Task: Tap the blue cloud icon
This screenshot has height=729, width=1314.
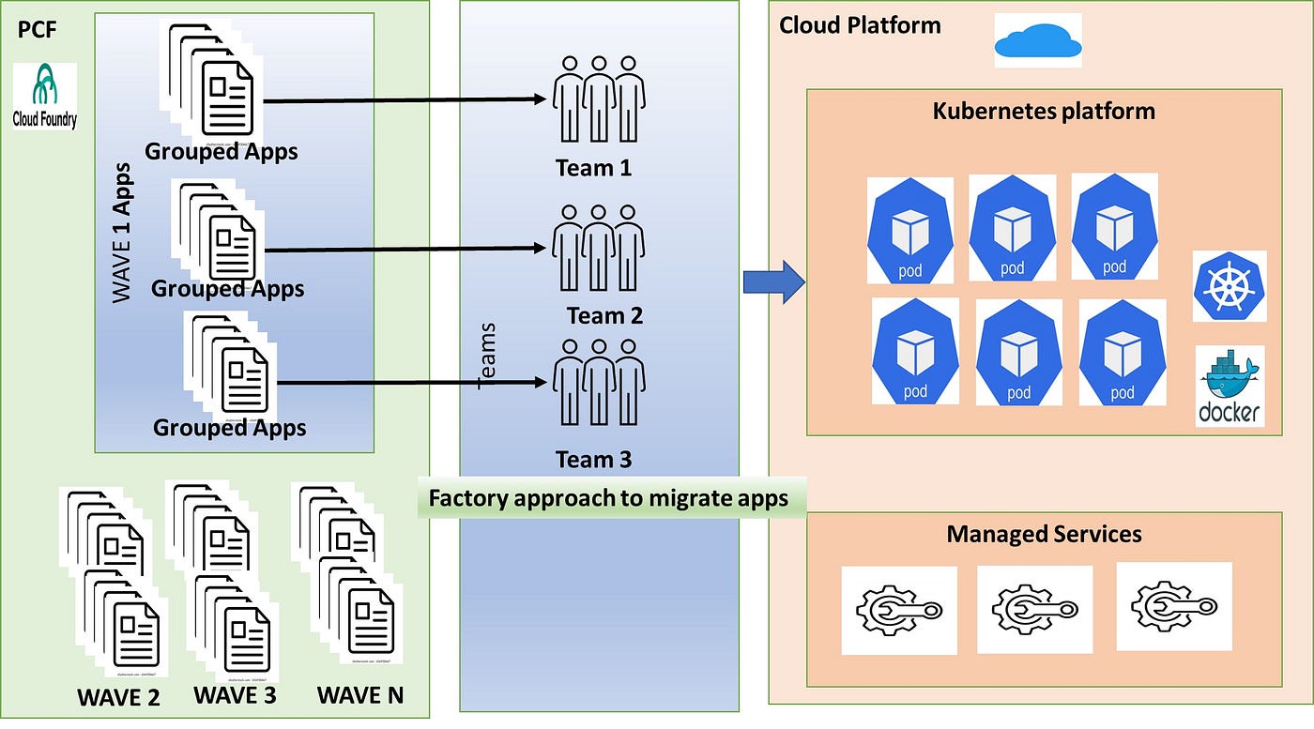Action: [x=1037, y=39]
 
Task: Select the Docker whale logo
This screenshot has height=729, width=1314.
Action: [x=1230, y=386]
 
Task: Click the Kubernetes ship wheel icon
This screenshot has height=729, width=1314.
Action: [x=1230, y=285]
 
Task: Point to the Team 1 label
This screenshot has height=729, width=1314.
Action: [x=593, y=168]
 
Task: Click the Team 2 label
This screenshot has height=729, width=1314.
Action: [x=604, y=315]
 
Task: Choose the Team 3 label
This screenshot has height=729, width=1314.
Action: [x=593, y=460]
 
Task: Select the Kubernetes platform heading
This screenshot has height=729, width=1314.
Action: [x=1044, y=111]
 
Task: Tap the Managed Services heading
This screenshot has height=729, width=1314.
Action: [x=1044, y=534]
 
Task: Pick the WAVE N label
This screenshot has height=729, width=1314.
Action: [x=359, y=696]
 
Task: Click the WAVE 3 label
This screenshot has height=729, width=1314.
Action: [x=235, y=695]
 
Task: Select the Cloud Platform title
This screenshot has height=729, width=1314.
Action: [x=860, y=24]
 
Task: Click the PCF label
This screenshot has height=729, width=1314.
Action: [x=38, y=31]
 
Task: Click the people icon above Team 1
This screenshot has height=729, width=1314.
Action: [x=598, y=98]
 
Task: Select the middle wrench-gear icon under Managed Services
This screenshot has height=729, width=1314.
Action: [x=1034, y=609]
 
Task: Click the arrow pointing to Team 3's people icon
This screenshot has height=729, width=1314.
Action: [x=413, y=382]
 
